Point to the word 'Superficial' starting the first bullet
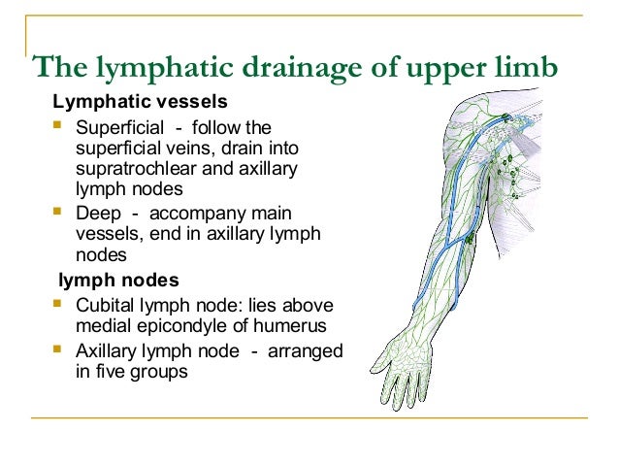coord(116,128)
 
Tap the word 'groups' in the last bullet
coord(163,371)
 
